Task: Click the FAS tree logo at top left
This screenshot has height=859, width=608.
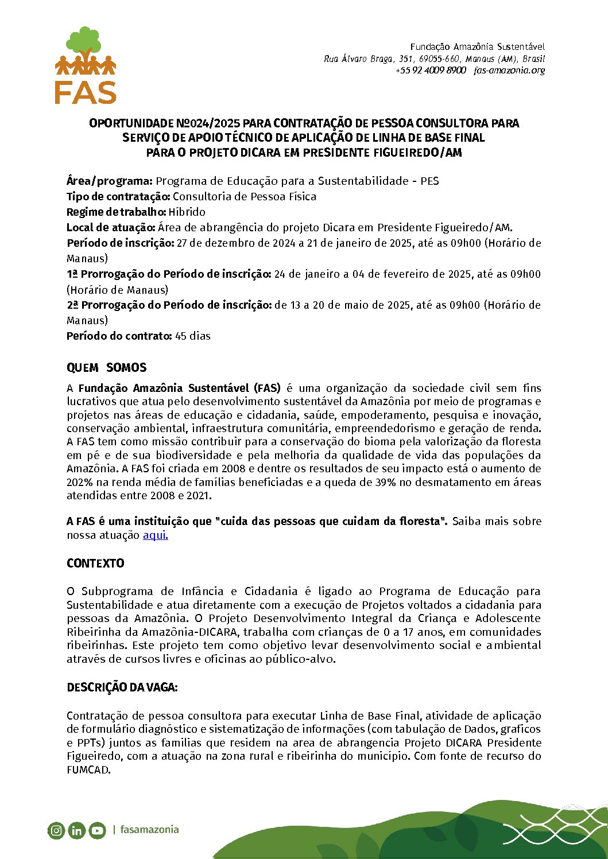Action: point(86,65)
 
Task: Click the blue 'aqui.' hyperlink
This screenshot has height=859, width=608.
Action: point(155,535)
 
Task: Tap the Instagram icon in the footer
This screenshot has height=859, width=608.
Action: point(56,830)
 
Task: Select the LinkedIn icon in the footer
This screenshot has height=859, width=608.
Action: point(76,830)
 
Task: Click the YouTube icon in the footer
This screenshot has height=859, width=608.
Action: point(97,830)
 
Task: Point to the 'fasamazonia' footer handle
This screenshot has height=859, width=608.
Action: point(149,829)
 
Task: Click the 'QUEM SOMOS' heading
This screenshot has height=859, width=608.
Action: point(107,368)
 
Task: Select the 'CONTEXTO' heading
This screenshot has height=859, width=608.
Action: point(95,563)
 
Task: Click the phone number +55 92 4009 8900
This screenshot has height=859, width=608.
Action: point(431,70)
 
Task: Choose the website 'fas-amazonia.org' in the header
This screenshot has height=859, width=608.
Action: point(509,70)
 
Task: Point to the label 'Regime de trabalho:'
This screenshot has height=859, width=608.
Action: point(116,212)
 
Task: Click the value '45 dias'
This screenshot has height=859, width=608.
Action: point(193,336)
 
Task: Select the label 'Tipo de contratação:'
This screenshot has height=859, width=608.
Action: point(118,196)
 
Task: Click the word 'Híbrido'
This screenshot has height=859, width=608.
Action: point(187,212)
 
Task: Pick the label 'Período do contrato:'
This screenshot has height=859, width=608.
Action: point(119,336)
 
